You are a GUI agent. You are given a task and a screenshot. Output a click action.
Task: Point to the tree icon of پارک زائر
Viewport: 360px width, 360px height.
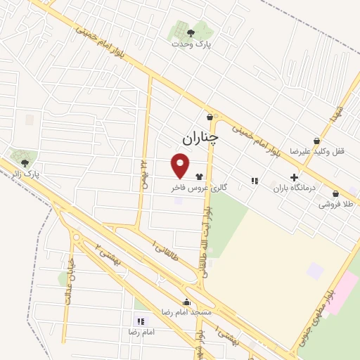[25, 162]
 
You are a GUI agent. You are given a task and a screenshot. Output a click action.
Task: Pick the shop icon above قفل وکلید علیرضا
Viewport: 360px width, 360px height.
[316, 140]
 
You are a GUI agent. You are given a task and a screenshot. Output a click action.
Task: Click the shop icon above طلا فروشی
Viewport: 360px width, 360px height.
[335, 193]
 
